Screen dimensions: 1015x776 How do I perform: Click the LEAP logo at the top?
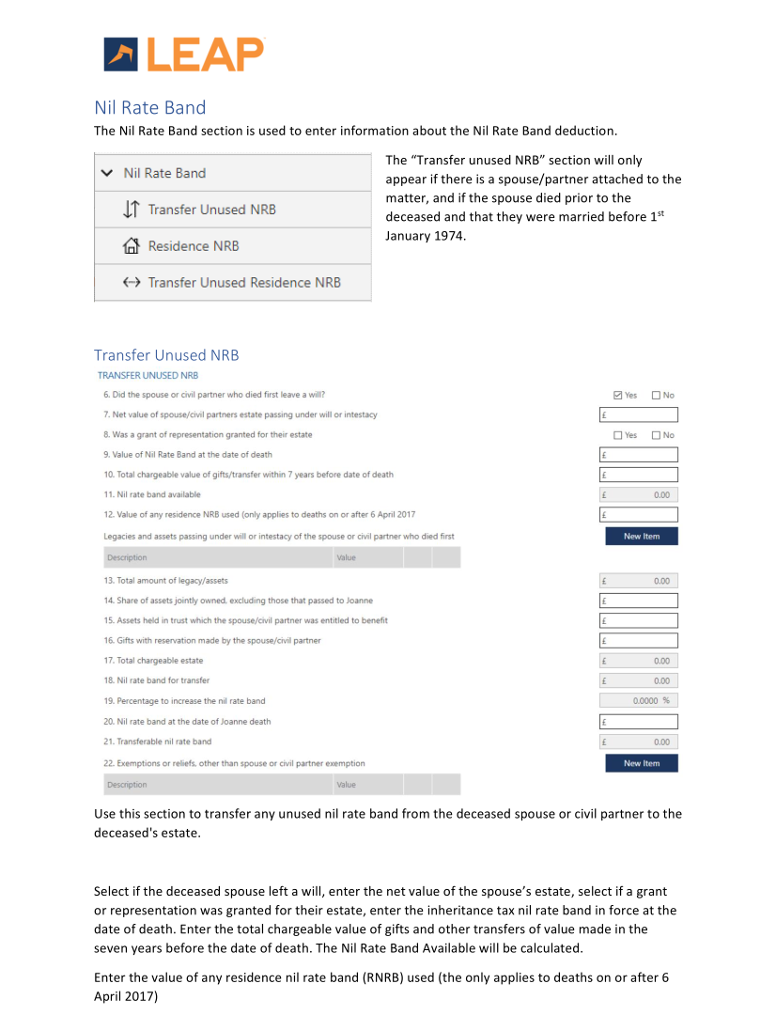click(184, 54)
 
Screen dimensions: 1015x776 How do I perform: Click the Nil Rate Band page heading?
click(149, 107)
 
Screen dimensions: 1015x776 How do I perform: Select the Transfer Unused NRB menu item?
click(211, 210)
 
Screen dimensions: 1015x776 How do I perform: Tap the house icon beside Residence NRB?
click(132, 246)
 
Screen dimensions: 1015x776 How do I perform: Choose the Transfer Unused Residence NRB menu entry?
click(243, 282)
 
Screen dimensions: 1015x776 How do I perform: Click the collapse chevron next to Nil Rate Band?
click(107, 173)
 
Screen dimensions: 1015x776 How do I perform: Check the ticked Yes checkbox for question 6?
click(617, 396)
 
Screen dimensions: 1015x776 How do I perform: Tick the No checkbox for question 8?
click(656, 435)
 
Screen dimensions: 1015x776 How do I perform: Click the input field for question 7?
click(638, 414)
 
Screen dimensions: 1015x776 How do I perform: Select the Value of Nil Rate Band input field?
click(638, 455)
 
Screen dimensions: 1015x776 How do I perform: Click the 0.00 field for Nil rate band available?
click(638, 494)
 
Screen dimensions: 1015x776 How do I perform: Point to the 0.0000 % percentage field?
click(638, 700)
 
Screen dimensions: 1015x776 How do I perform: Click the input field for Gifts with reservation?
click(638, 641)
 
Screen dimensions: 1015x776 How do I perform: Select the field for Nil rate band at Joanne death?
click(638, 722)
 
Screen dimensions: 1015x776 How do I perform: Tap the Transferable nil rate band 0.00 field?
click(638, 742)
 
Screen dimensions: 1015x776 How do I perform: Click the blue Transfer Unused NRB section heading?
click(166, 355)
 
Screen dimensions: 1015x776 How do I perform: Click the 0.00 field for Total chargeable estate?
click(638, 661)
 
